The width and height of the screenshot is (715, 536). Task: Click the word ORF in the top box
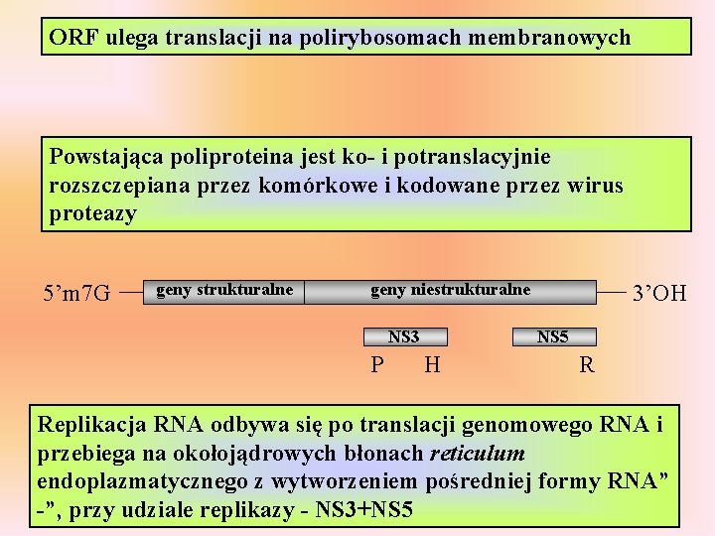(71, 38)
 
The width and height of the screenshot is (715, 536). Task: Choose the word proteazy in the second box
(92, 212)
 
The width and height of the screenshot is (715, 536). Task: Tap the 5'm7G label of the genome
(77, 293)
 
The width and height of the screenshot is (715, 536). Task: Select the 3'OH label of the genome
(659, 293)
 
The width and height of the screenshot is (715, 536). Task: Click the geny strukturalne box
(224, 291)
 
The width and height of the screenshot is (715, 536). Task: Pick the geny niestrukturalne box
(451, 291)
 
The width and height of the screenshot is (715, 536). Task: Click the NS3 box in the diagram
(403, 337)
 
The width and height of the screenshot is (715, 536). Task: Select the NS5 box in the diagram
(552, 337)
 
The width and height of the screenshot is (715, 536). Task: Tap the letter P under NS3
(376, 365)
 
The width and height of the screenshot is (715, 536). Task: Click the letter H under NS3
(432, 365)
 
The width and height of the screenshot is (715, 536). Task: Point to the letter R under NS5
(587, 365)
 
